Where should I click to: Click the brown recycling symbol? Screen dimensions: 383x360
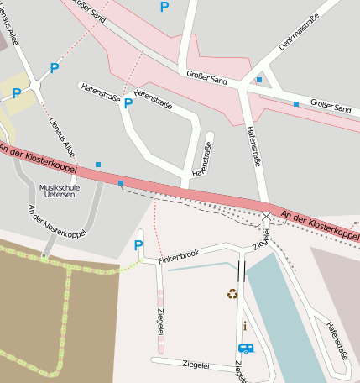(x=232, y=293)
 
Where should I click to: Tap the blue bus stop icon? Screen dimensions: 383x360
(x=246, y=348)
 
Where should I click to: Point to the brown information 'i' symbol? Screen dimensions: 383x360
(x=243, y=325)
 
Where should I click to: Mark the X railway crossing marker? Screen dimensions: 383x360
(x=267, y=217)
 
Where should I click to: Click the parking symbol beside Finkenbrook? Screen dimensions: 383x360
(x=139, y=245)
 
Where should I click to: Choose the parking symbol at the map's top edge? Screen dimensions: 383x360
(x=164, y=7)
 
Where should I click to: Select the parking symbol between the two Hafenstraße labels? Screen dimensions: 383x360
(x=128, y=103)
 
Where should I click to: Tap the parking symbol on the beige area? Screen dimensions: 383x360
(x=16, y=94)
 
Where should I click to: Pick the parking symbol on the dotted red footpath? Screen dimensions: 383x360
(x=55, y=68)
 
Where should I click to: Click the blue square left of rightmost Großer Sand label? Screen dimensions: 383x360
(x=295, y=104)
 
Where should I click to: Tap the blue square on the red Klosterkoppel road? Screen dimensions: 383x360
(x=121, y=183)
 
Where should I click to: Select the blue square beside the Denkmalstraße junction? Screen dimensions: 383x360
(x=259, y=80)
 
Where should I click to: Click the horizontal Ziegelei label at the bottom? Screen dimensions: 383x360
(x=196, y=365)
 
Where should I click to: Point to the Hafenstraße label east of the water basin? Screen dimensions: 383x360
(x=337, y=341)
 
